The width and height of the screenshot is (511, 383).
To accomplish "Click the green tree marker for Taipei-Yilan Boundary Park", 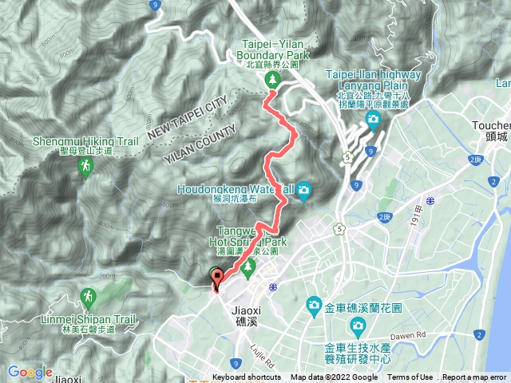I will (x=271, y=79).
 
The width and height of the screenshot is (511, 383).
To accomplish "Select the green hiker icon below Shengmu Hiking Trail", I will (x=85, y=168).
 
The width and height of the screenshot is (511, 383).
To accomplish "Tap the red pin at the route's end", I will (x=216, y=278).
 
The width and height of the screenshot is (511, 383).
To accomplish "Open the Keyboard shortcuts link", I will (x=246, y=377).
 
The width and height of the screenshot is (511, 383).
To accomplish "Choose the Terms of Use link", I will (x=410, y=377).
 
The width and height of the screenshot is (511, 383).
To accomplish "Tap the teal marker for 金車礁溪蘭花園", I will (x=313, y=306).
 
